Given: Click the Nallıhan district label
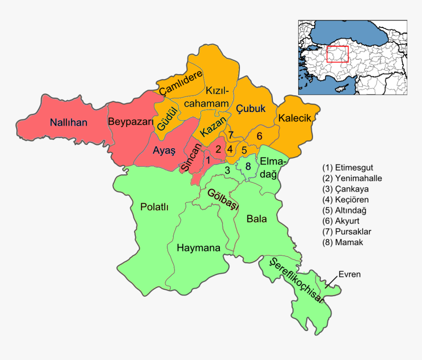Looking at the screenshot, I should (x=68, y=122).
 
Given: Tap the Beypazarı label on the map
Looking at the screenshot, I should (x=131, y=122).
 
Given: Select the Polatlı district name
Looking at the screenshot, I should (x=154, y=207).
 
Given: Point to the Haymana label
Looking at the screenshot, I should (x=198, y=248).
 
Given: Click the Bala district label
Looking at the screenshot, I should (x=257, y=219).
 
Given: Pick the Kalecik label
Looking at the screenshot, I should (x=294, y=118).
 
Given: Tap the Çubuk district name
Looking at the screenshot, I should (x=251, y=108).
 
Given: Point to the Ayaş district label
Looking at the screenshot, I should (x=163, y=151).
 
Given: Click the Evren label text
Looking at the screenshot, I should (x=349, y=275).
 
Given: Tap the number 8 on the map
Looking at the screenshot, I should (x=248, y=166).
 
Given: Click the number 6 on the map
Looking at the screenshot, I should (x=260, y=136).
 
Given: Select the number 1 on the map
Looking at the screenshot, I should (x=208, y=159).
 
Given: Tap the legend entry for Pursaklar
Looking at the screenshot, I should (x=347, y=231).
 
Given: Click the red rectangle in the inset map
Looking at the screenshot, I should (x=337, y=54).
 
